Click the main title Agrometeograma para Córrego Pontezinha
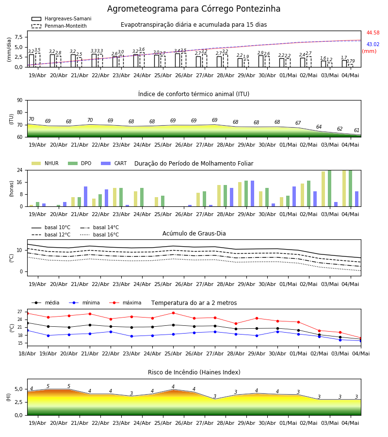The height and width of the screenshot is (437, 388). (x=194, y=9)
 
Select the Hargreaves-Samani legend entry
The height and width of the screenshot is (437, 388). (x=62, y=18)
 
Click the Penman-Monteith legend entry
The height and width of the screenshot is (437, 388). (x=59, y=26)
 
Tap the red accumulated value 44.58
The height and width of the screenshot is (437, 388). (x=373, y=33)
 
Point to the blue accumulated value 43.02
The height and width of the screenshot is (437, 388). (x=373, y=44)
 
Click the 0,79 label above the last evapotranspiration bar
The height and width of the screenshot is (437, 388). (x=351, y=61)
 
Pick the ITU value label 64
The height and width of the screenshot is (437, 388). (x=319, y=127)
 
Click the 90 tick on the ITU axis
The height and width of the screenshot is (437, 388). (x=20, y=101)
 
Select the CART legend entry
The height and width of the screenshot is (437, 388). (x=114, y=163)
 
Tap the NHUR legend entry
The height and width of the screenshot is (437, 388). (x=45, y=163)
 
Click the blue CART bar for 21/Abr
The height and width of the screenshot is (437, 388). (x=86, y=197)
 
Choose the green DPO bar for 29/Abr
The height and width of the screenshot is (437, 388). (x=246, y=194)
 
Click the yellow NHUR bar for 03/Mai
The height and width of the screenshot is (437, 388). (x=323, y=189)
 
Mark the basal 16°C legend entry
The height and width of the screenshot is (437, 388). (x=99, y=235)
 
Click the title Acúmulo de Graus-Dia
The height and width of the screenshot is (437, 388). (x=194, y=234)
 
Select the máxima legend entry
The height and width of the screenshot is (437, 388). (x=125, y=303)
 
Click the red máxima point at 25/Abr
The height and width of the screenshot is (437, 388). (x=174, y=313)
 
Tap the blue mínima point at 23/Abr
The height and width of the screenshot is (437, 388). (x=131, y=336)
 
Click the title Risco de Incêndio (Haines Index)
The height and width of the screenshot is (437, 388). (x=194, y=372)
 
